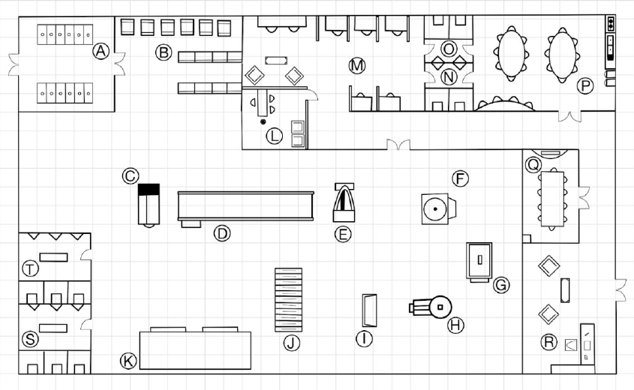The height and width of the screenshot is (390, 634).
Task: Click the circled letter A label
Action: click(x=101, y=51)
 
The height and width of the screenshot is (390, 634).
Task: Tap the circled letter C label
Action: click(x=131, y=176)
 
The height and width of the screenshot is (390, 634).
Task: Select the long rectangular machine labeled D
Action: click(x=246, y=207)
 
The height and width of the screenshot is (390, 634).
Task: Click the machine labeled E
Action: click(x=344, y=202)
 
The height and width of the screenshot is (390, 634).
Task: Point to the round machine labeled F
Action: click(x=438, y=208)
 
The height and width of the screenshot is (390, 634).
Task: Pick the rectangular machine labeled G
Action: click(x=479, y=262)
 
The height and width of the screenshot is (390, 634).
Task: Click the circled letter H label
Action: click(x=455, y=325)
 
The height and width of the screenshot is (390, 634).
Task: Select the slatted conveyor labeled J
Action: click(x=288, y=300)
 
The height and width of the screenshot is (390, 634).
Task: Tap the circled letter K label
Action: click(x=128, y=361)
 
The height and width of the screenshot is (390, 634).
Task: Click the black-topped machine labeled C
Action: click(x=149, y=205)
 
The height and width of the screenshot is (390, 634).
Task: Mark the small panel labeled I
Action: click(x=370, y=310)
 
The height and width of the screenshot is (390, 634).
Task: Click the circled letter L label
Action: click(x=274, y=136)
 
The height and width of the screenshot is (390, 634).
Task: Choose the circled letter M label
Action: click(x=357, y=65)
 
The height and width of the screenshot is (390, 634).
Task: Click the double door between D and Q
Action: click(x=398, y=145)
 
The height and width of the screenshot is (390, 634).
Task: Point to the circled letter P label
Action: click(x=584, y=85)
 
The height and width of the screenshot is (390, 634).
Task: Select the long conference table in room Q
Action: click(x=552, y=199)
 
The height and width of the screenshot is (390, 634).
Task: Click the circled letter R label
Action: click(x=548, y=342)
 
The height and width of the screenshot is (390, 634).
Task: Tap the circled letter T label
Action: click(x=30, y=268)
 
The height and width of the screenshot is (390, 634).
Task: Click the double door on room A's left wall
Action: click(x=14, y=64)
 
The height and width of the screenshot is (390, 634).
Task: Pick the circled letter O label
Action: click(x=449, y=49)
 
